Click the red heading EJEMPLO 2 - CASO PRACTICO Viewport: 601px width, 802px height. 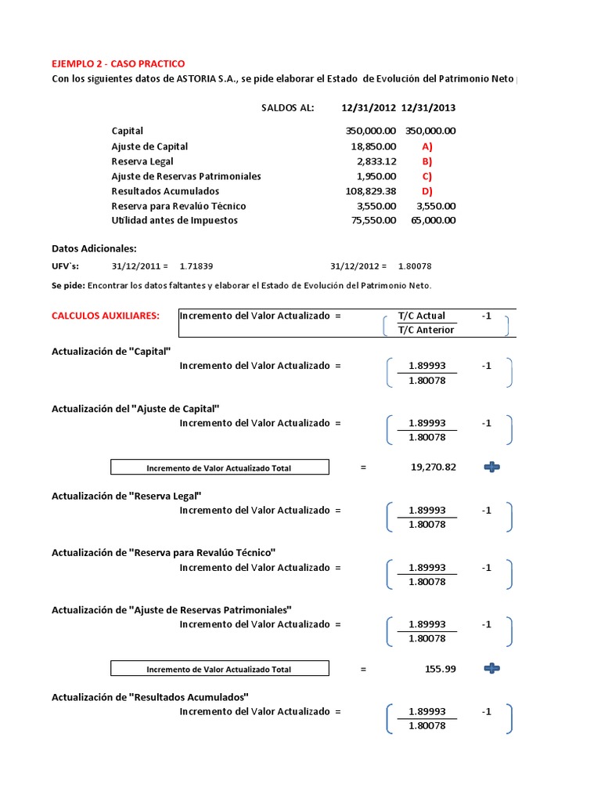pos(118,63)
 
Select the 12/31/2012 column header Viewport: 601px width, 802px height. pos(369,108)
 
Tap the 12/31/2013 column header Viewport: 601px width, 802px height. pos(428,108)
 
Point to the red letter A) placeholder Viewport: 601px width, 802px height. pos(426,146)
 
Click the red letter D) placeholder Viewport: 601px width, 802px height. pos(426,191)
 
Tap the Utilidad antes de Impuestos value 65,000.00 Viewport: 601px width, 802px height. pos(434,220)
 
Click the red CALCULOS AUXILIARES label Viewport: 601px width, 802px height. pos(106,316)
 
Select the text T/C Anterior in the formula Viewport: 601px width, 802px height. pos(426,330)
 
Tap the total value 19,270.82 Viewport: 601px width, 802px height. pos(433,468)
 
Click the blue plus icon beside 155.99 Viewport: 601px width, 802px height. pos(491,669)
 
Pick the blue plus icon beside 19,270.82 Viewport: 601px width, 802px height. pos(491,468)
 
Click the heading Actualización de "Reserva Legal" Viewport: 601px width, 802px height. pos(127,496)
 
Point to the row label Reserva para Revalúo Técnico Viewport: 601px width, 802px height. pos(178,206)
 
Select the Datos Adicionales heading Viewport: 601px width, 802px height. pos(94,248)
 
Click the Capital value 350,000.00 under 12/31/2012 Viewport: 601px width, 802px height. pos(370,132)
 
